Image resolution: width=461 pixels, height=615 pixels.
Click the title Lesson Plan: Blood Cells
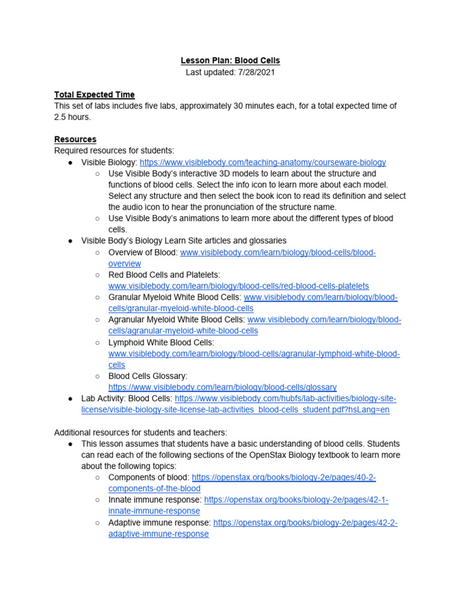coord(230,61)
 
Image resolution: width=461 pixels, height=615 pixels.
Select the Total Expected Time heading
coord(94,94)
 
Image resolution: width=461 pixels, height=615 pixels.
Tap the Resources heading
coord(75,139)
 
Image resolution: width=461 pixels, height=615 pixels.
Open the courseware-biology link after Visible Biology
coord(263,162)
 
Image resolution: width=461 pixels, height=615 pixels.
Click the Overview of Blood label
coord(142,252)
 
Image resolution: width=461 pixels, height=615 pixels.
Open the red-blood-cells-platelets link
coord(238,286)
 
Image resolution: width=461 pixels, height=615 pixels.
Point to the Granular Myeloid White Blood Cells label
coord(175,297)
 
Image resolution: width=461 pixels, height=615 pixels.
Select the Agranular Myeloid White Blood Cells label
coord(176,320)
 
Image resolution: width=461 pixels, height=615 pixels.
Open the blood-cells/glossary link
coord(222,387)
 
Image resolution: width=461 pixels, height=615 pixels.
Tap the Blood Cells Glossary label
coord(148,376)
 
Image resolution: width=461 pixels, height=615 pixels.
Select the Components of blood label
coord(149,477)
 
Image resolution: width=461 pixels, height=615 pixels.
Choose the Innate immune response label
coord(155,500)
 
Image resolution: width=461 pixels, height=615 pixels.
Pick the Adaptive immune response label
coord(160,523)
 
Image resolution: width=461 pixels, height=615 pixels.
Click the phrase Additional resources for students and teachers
coord(140,432)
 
